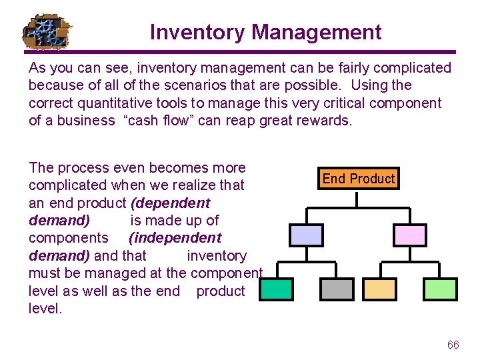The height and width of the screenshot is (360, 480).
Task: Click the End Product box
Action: pyautogui.click(x=358, y=179)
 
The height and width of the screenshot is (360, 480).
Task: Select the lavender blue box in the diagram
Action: pyautogui.click(x=306, y=235)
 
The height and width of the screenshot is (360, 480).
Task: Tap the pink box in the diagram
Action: pyautogui.click(x=409, y=235)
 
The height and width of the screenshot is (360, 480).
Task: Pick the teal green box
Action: pyautogui.click(x=275, y=289)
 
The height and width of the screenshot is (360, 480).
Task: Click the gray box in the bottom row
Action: pyautogui.click(x=337, y=289)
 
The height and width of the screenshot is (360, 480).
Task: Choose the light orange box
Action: pyautogui.click(x=378, y=289)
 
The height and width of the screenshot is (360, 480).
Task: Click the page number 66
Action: pyautogui.click(x=453, y=345)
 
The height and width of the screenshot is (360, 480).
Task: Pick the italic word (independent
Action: pyautogui.click(x=175, y=238)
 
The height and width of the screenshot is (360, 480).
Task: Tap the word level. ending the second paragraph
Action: pyautogui.click(x=45, y=309)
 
